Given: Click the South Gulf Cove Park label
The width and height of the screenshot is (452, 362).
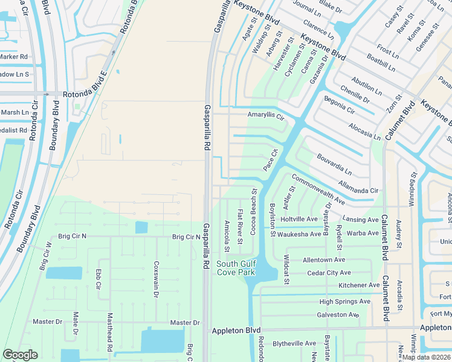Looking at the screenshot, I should coord(236,268).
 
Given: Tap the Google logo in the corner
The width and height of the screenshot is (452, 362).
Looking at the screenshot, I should coord(20,355).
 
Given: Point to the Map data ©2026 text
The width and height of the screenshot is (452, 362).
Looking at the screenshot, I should coord(427,357).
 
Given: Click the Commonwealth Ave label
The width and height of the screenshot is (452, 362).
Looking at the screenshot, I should coord(318,188).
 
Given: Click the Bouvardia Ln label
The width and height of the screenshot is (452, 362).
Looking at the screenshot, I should coord(334,164).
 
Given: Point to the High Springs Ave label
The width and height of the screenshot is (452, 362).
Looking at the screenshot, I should coord(344,301).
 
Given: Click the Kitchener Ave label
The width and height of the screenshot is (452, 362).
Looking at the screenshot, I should coord(358,285).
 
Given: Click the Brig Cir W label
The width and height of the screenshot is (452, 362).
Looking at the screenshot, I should coord(45,256).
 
